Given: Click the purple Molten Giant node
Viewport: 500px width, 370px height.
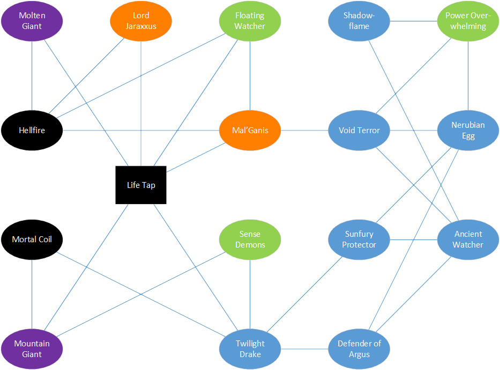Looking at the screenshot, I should (x=32, y=21).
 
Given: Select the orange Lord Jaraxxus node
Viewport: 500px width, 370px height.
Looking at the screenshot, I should (x=141, y=21).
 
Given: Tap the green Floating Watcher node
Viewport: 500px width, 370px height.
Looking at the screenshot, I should (x=250, y=21).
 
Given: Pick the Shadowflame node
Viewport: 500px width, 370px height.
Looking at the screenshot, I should (x=359, y=21).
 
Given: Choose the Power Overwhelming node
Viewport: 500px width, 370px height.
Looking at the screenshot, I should (x=468, y=21).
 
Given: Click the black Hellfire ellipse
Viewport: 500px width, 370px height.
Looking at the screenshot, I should (x=32, y=130).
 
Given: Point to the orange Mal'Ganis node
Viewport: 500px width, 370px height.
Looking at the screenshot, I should (x=250, y=130).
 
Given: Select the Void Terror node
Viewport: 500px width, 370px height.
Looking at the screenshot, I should (x=359, y=130).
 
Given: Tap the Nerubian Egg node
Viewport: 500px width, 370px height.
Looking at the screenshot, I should (x=468, y=130).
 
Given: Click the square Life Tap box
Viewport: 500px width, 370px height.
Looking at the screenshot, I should (x=141, y=185).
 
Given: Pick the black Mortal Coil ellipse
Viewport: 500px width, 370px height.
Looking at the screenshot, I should (x=32, y=240).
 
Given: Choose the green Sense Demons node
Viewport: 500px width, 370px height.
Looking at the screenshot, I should (x=250, y=240).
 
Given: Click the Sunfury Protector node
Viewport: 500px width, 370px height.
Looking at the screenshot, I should (x=359, y=240).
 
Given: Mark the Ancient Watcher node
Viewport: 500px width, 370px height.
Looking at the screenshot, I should (x=468, y=240).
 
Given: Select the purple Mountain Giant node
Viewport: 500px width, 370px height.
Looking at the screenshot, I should (x=32, y=349).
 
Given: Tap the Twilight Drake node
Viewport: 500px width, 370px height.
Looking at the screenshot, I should (x=250, y=349).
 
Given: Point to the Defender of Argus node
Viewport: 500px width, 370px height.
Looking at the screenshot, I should (x=359, y=349).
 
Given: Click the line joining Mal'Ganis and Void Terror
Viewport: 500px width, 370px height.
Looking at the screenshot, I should (x=304, y=130).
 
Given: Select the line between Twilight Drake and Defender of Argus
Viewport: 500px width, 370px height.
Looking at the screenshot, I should (x=304, y=349).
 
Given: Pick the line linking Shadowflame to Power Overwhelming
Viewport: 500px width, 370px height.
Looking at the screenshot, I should (x=413, y=21).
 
